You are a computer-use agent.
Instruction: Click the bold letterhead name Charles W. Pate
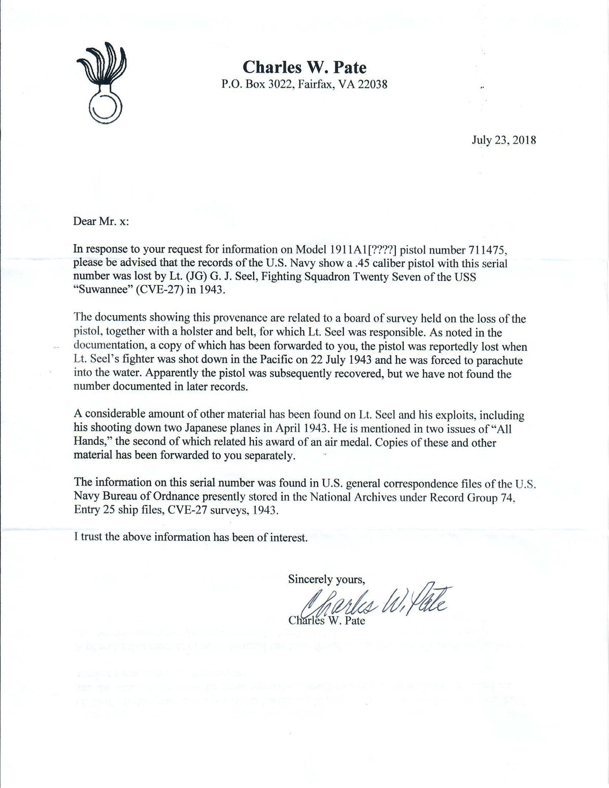[304, 67]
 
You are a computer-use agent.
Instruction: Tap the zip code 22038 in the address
[373, 84]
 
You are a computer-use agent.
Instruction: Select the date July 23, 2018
[503, 140]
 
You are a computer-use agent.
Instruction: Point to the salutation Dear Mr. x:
[101, 222]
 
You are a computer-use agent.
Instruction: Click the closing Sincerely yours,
[327, 578]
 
